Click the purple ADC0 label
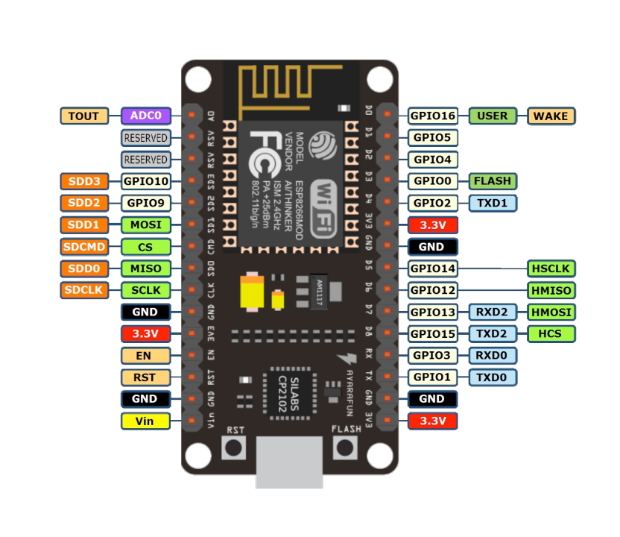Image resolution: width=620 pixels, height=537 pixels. pos(146,116)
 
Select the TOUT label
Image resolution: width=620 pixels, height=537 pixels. pos(84,116)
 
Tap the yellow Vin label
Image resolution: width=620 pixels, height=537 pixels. pos(145,421)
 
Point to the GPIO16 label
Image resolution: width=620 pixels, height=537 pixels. pos(433,116)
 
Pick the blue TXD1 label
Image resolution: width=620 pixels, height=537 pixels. pos(493,203)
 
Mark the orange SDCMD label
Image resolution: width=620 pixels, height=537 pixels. pos(84,246)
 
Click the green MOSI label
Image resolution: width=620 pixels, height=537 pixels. pos(145,224)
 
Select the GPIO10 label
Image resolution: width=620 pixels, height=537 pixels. pos(145,180)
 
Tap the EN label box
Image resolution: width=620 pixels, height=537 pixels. pos(145,356)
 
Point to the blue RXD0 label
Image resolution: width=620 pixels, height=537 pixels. pos(493,356)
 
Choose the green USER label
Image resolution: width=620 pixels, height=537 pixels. pos(493,116)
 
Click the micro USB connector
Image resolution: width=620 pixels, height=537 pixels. pos(290,462)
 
